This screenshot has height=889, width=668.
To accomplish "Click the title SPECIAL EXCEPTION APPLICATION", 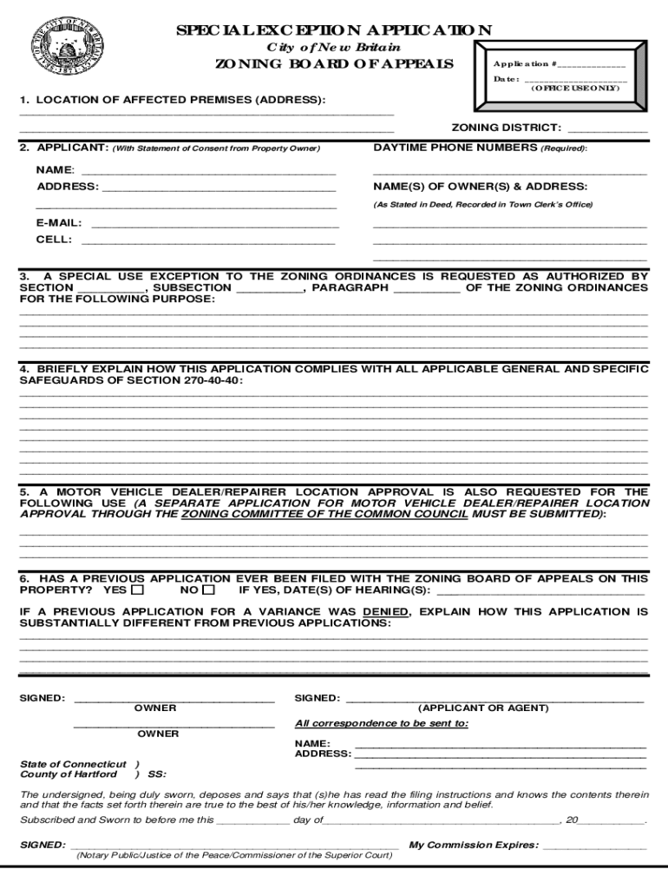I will click(334, 30).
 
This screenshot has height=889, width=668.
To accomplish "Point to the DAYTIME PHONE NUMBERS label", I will click(455, 148).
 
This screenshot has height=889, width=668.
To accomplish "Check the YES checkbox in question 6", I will click(138, 590).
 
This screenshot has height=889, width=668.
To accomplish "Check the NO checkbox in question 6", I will click(208, 590).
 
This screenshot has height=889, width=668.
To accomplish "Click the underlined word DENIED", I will click(385, 612).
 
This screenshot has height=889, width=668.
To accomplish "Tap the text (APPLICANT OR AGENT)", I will click(483, 708).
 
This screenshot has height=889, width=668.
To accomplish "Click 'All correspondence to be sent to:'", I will click(382, 723).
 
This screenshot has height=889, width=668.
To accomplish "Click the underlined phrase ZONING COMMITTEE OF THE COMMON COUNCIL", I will click(324, 515).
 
